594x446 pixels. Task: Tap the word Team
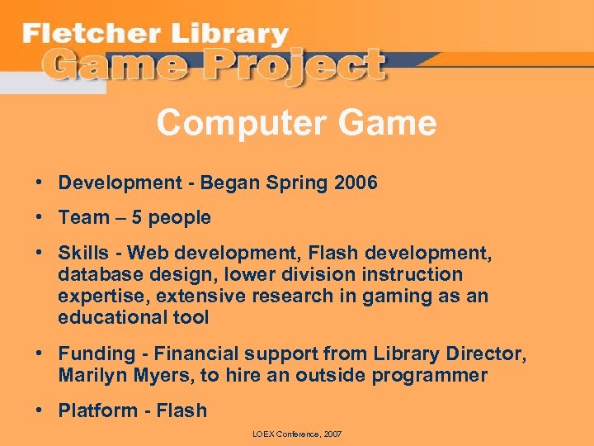[x=83, y=218]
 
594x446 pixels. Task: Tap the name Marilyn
[x=91, y=375]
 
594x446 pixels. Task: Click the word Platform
[x=92, y=410]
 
